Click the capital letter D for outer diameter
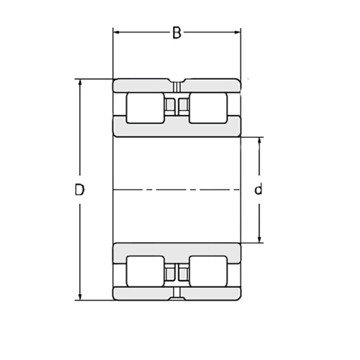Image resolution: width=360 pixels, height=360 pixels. [x=79, y=190]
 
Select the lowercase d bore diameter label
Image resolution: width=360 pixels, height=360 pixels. [x=259, y=190]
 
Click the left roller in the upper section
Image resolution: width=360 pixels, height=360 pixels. [x=145, y=109]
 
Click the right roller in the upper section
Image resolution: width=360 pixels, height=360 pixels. [x=208, y=109]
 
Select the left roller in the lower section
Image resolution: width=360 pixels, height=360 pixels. [x=145, y=271]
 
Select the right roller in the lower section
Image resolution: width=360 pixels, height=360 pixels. [x=208, y=271]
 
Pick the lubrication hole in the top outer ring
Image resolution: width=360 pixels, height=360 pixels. [x=176, y=85]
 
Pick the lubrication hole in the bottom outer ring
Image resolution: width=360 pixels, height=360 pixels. [x=176, y=293]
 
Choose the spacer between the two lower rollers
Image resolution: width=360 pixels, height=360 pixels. [x=176, y=273]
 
